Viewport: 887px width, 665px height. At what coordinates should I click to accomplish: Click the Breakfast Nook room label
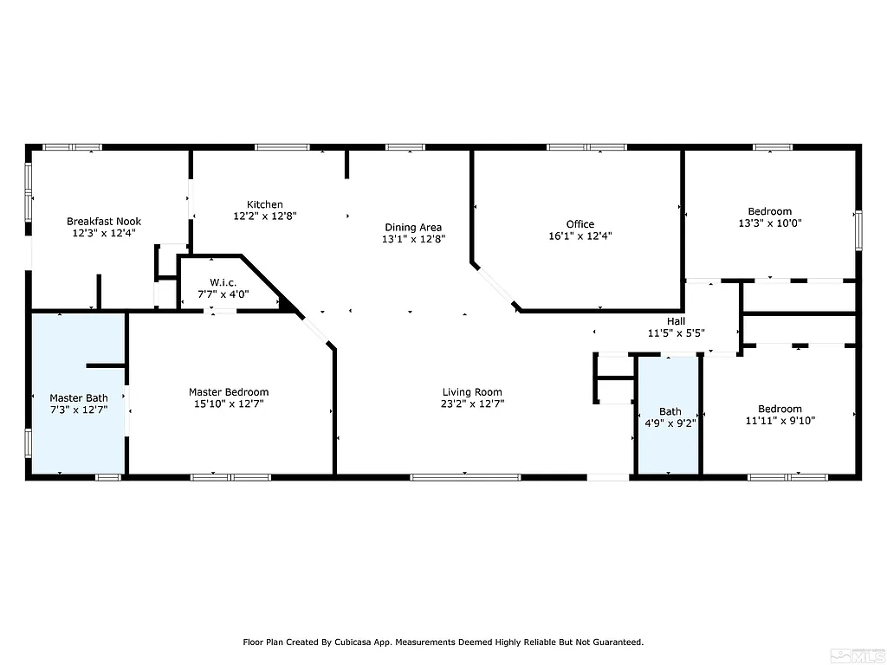click(x=104, y=222)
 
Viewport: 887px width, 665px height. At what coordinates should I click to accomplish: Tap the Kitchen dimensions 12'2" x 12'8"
click(x=264, y=216)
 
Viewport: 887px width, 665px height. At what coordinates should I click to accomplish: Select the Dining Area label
click(x=413, y=228)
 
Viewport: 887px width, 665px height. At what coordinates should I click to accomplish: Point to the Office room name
click(x=580, y=224)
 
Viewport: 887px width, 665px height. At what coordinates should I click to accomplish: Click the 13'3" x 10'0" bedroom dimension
click(x=769, y=223)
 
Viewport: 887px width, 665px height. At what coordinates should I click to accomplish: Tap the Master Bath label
click(x=78, y=398)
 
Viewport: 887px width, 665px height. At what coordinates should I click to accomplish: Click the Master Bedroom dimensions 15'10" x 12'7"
click(x=229, y=404)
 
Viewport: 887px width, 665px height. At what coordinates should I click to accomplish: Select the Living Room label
click(x=472, y=392)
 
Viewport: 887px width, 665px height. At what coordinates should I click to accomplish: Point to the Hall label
click(x=676, y=321)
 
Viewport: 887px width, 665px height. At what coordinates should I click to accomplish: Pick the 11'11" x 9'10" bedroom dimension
click(x=780, y=421)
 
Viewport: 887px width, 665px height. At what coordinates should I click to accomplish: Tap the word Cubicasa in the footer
click(x=346, y=642)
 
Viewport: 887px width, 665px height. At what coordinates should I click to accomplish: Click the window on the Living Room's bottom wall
click(x=465, y=475)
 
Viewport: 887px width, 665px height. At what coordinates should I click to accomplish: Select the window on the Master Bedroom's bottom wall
click(x=230, y=475)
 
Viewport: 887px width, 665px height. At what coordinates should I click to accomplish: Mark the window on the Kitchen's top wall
click(x=282, y=147)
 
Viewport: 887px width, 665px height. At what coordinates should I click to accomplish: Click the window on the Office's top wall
click(x=586, y=147)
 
